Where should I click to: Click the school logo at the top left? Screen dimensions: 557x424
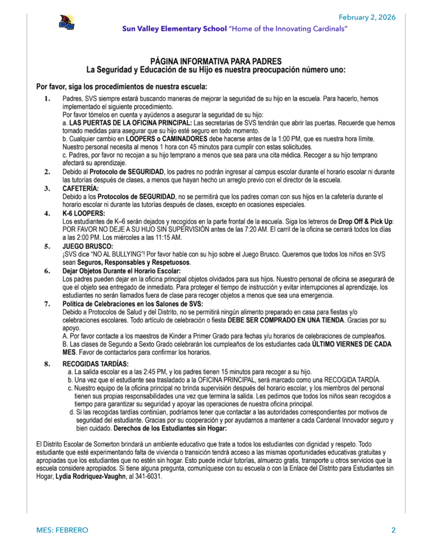[67, 23]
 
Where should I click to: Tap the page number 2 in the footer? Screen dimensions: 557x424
[393, 530]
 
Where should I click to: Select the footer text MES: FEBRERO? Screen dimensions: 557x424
[62, 530]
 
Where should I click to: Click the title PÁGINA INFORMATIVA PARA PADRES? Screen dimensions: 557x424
[216, 62]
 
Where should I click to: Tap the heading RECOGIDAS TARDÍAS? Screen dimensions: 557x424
[96, 363]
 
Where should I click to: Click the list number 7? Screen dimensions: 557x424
[47, 304]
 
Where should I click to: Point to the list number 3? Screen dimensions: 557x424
[47, 188]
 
